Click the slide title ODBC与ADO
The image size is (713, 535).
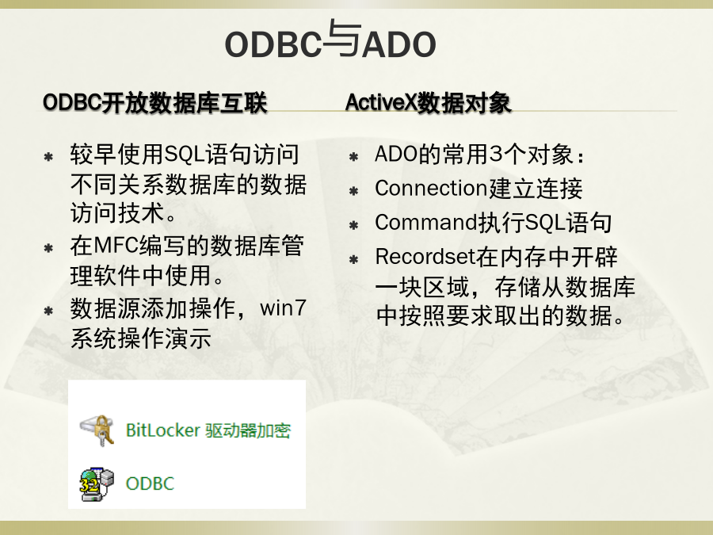330,41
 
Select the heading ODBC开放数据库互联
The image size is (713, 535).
155,102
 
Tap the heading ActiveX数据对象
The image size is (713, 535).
429,102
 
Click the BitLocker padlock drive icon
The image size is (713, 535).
97,430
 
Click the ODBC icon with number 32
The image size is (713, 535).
97,483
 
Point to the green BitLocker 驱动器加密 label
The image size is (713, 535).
208,430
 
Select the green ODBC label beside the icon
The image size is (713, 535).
150,483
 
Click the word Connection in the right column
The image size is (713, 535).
432,189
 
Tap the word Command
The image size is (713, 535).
426,223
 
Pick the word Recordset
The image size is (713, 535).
425,257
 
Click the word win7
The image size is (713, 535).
283,308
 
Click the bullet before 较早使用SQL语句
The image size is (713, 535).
48,157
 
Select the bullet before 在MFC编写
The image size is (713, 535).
48,248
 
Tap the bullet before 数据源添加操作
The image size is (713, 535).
48,311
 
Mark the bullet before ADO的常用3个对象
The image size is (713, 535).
354,157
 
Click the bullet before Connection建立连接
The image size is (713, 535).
354,191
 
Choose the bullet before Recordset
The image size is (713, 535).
354,260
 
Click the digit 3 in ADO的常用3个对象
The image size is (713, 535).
497,155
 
